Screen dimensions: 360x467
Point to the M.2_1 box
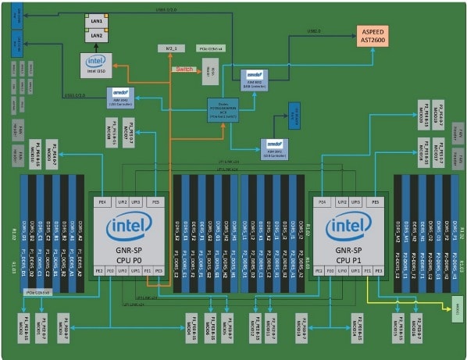pos(170,48)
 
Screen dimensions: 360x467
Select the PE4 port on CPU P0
pos(101,201)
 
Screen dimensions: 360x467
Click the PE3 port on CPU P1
pos(379,271)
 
